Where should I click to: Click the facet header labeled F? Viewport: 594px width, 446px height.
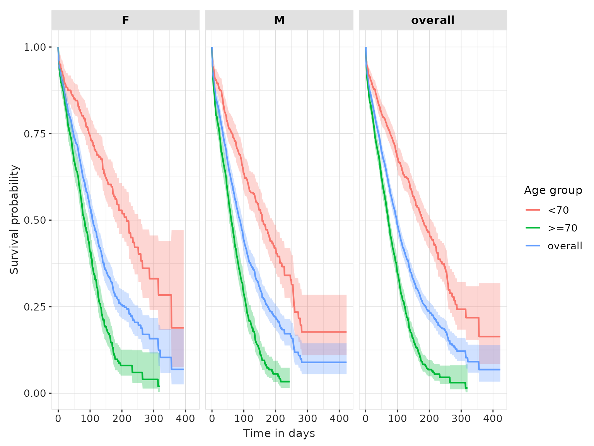(125, 20)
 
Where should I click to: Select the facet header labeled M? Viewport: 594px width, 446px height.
(279, 20)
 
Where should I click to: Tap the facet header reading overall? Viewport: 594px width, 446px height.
(433, 20)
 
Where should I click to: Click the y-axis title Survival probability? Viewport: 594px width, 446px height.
(14, 220)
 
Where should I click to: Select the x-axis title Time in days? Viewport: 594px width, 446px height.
(279, 433)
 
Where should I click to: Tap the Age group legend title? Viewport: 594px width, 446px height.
(553, 190)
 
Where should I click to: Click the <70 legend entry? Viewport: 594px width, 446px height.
(558, 210)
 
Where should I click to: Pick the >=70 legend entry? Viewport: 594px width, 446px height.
(562, 228)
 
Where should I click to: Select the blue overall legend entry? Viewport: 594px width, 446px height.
(565, 246)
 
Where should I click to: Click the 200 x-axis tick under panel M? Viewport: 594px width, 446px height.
(275, 419)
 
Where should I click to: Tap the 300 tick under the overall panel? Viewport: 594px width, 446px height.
(461, 419)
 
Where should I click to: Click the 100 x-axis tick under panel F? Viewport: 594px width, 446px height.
(90, 419)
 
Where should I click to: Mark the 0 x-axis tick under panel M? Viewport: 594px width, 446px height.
(212, 419)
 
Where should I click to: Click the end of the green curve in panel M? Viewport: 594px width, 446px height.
(289, 382)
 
